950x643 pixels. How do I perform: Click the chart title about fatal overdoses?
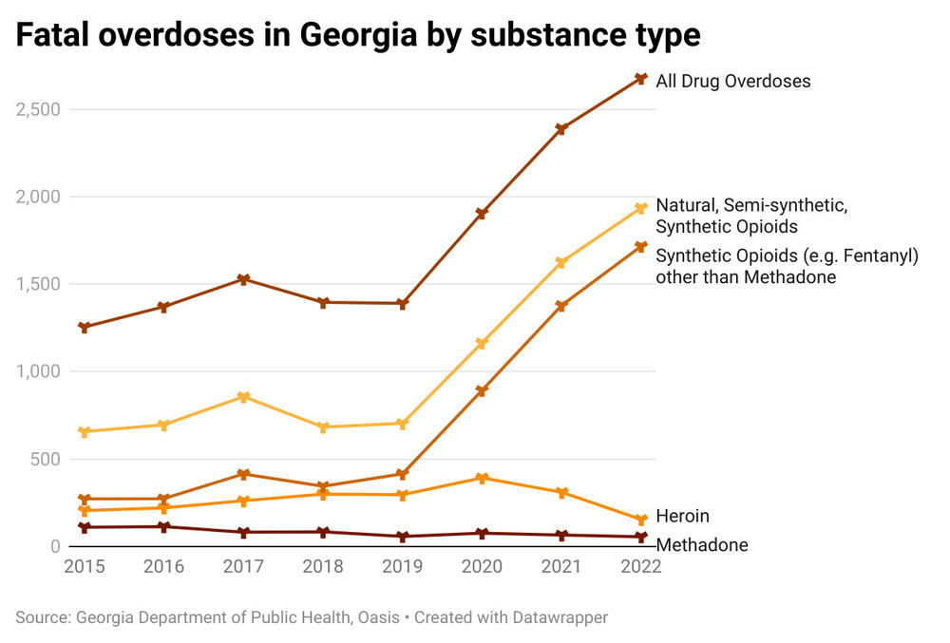[x=358, y=35]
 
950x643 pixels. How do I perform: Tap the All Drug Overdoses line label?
[x=733, y=81]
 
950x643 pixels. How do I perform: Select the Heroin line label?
[x=682, y=517]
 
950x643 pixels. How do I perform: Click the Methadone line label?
[x=701, y=545]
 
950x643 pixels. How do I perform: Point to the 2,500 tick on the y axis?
[x=38, y=109]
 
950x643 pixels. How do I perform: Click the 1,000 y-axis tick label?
[x=38, y=371]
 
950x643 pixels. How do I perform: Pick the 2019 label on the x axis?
[x=402, y=567]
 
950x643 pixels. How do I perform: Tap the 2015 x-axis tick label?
[x=84, y=567]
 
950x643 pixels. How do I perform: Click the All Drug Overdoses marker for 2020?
[x=482, y=214]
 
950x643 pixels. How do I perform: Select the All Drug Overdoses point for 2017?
[x=243, y=279]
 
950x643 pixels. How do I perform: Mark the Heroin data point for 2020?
[x=482, y=478]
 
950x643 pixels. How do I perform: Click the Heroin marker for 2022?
[x=641, y=520]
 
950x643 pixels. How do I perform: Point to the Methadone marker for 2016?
[x=163, y=526]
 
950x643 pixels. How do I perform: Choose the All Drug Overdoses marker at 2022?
[x=641, y=79]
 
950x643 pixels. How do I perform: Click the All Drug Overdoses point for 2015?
[x=84, y=328]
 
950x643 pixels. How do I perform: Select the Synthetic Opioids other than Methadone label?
[x=787, y=266]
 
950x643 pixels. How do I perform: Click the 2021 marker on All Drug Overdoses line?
[x=561, y=129]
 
